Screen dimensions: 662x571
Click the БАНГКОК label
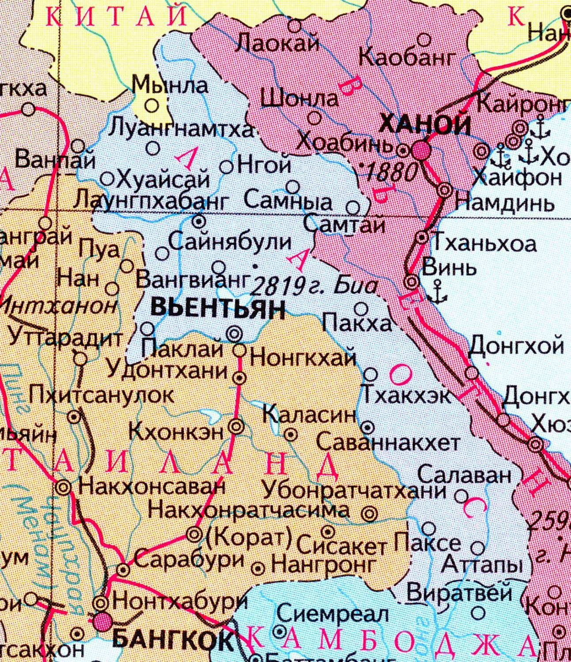point(173,639)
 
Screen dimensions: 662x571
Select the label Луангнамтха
point(182,129)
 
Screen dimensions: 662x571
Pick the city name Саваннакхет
point(389,442)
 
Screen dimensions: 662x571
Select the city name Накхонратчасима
point(249,511)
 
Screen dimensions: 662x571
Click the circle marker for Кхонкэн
point(236,425)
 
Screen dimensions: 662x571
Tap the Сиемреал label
point(333,614)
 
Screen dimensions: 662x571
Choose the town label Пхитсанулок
point(102,395)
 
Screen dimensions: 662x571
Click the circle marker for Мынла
point(152,105)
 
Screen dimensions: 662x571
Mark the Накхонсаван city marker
point(63,487)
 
